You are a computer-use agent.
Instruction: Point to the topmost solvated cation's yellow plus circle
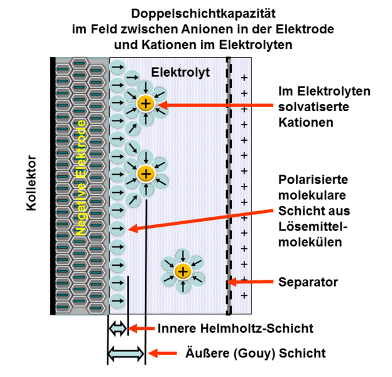[x=145, y=102]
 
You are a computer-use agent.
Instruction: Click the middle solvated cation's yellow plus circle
[x=145, y=173]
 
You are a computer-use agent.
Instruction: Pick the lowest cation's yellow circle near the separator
[x=182, y=271]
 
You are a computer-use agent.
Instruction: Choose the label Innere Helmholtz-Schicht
[x=235, y=328]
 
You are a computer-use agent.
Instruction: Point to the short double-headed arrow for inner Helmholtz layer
[x=117, y=328]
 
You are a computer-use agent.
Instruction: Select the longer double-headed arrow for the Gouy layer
[x=126, y=354]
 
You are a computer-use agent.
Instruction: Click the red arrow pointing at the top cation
[x=214, y=104]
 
